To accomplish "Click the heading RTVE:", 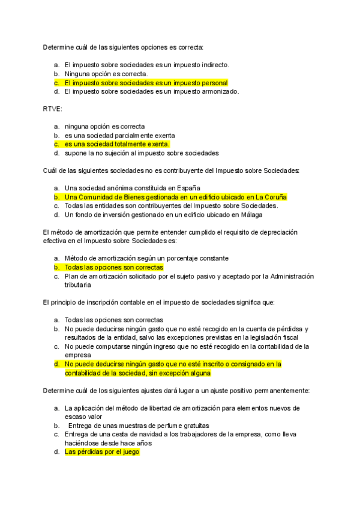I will (x=52, y=109).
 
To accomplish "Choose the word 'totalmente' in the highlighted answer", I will (x=127, y=144).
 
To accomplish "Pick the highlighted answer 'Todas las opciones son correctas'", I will (x=114, y=267).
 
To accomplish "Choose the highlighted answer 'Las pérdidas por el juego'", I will (x=102, y=452).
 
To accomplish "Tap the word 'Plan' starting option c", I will (x=72, y=276).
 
